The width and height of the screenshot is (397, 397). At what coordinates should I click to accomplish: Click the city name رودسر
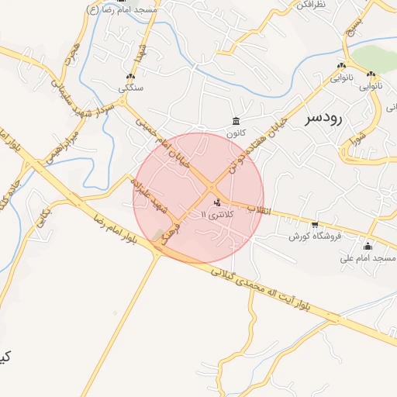[x=323, y=117]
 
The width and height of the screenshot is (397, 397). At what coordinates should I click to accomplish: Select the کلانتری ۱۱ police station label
[x=215, y=212]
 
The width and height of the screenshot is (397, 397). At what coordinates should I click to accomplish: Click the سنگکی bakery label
[x=130, y=88]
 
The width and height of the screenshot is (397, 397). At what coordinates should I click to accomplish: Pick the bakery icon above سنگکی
[x=130, y=77]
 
